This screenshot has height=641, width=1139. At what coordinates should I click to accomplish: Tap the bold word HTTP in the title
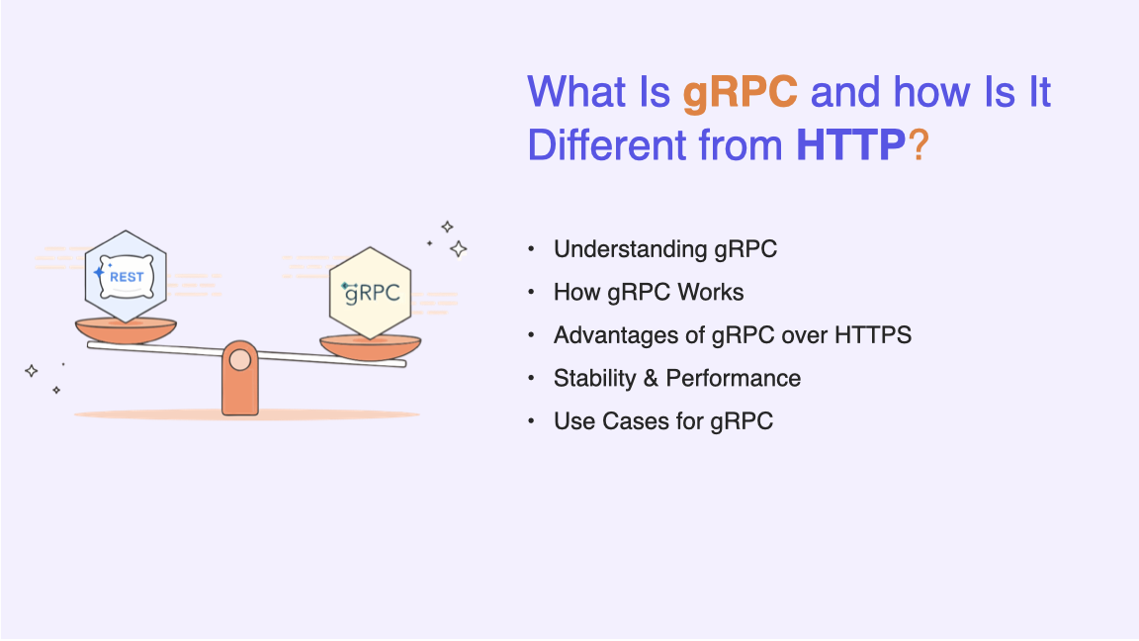point(850,144)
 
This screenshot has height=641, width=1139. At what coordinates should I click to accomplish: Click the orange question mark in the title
point(919,144)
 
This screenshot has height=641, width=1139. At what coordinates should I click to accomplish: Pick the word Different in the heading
point(606,144)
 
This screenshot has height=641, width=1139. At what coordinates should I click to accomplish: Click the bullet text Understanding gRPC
point(664,249)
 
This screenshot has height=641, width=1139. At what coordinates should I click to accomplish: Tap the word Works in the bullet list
point(710,292)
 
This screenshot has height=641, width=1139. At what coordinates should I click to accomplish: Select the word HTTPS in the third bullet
point(872,335)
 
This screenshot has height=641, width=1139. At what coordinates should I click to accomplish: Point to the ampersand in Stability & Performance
point(651,378)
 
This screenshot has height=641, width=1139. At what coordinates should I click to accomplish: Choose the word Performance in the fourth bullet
point(733,378)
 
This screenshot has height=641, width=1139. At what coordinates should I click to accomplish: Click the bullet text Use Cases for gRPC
point(663,421)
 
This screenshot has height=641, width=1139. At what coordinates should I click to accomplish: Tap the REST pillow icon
point(126,276)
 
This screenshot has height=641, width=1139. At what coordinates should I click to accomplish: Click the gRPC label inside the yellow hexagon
point(371,293)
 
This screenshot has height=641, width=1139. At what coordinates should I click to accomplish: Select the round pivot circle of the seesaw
point(239,360)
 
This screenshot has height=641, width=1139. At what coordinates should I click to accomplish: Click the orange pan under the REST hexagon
point(126,330)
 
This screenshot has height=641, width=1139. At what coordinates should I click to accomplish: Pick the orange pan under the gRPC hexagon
point(371,347)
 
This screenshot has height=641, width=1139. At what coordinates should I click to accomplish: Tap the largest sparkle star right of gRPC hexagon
point(459,249)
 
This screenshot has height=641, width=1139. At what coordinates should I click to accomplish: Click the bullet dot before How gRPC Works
point(531,292)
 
